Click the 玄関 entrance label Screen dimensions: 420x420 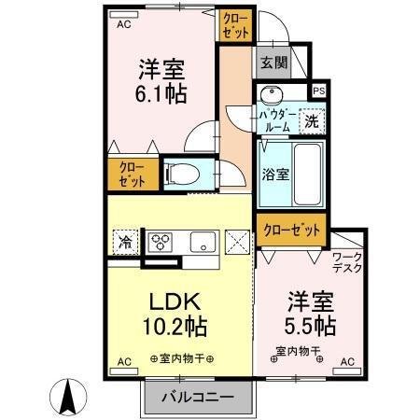(273, 63)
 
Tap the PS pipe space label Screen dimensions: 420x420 (319, 91)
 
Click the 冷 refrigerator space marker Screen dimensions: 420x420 (125, 242)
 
